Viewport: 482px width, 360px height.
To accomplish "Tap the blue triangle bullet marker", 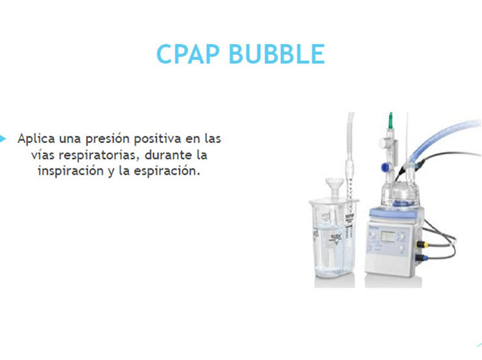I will click(x=3, y=138).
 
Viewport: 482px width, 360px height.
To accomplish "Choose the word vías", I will click(x=44, y=156).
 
